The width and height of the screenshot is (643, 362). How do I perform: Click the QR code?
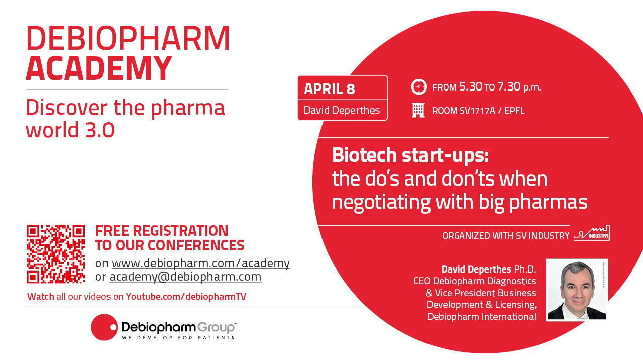pos(56,254)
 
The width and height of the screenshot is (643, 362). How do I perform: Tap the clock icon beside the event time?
pos(419,86)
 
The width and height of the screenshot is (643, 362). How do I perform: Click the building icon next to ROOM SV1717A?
pos(418,110)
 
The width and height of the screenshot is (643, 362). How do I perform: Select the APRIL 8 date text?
pos(329,89)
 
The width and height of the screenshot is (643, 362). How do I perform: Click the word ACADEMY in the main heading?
pos(99,68)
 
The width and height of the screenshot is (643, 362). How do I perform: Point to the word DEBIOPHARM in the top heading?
pos(128,38)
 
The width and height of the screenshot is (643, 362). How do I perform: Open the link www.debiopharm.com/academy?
pos(200,263)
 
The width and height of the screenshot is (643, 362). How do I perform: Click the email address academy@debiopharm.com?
pos(185,277)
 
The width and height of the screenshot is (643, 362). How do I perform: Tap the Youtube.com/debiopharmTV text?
pos(186,296)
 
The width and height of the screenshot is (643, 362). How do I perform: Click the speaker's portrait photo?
pos(577,290)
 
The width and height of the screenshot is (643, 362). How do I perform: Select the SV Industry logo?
pos(592,233)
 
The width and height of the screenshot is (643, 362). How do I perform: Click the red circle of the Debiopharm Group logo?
pos(104,327)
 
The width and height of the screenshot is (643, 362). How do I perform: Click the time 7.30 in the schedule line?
pos(509,86)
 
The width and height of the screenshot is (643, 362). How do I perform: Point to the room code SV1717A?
pos(477,111)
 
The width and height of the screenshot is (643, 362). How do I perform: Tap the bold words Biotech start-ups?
pos(410,155)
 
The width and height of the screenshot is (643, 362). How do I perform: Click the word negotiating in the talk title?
pos(381,202)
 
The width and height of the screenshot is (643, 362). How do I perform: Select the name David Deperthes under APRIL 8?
pos(342,110)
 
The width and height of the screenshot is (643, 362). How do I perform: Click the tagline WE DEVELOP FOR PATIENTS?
pos(178,337)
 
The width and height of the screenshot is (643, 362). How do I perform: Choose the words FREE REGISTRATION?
pos(162,231)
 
